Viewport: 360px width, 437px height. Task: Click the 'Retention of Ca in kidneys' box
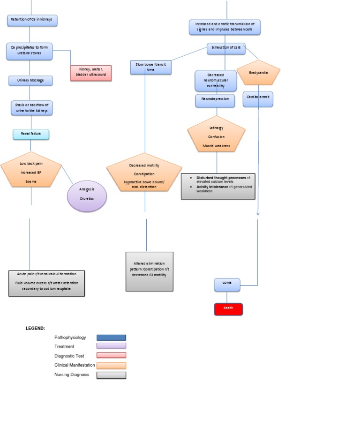(32, 20)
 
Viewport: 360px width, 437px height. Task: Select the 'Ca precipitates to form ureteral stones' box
(30, 51)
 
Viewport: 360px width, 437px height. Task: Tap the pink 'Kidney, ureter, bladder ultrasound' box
(91, 73)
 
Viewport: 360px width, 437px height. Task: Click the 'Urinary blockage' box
(30, 81)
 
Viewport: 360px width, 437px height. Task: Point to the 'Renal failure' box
(31, 134)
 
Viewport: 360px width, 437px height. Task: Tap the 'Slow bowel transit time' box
(150, 67)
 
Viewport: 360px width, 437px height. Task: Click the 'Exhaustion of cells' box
(226, 48)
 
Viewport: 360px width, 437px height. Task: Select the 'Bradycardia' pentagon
(258, 73)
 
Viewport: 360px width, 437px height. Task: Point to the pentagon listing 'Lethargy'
(216, 136)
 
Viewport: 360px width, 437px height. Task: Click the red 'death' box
(228, 309)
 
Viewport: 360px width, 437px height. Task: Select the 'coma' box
(227, 284)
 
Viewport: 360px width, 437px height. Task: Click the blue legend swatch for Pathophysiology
(111, 338)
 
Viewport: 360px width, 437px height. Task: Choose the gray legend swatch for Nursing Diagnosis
(111, 375)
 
